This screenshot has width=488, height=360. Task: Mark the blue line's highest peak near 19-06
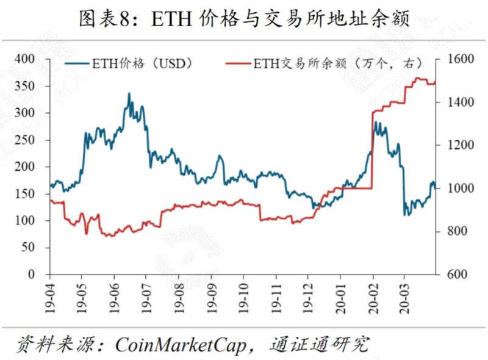pyautogui.click(x=129, y=93)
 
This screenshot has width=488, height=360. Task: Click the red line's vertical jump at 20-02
pyautogui.click(x=372, y=149)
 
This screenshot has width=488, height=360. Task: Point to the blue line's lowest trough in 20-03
pyautogui.click(x=405, y=214)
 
